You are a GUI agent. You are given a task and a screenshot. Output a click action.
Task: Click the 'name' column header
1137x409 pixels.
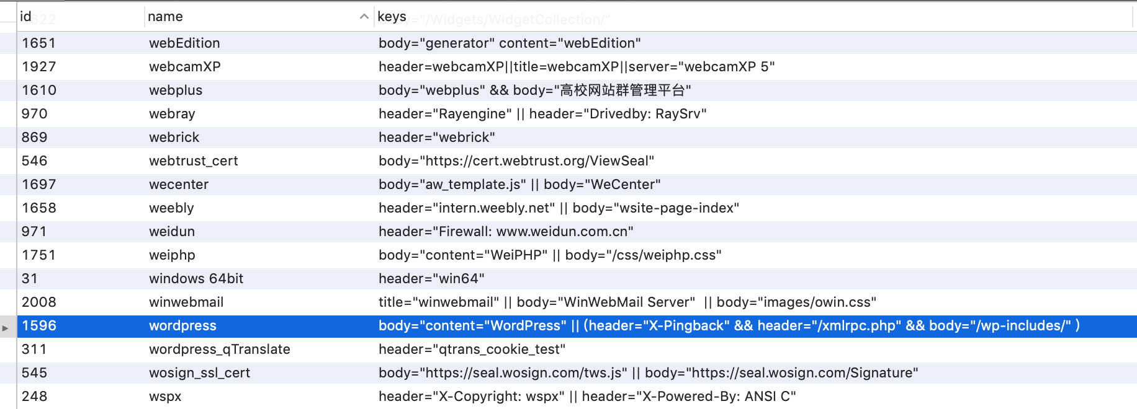point(165,17)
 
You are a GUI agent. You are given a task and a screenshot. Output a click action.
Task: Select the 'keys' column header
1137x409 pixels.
point(392,17)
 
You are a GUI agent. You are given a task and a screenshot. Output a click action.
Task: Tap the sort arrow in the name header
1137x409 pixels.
point(364,17)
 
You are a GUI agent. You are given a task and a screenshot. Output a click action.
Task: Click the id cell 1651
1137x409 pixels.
point(38,43)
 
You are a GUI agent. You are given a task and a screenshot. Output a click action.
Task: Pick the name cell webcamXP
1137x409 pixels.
point(185,66)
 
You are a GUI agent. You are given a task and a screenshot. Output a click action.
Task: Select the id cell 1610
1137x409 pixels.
point(39,90)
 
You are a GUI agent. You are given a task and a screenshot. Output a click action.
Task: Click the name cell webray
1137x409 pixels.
point(172,113)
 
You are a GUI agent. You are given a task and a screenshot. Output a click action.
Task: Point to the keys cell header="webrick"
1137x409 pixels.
point(437,137)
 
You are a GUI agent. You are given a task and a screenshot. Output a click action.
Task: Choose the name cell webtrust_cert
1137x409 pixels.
point(194,161)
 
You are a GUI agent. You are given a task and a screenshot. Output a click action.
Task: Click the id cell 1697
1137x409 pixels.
point(38,184)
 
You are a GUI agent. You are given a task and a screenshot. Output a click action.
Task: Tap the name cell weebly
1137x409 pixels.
point(171,208)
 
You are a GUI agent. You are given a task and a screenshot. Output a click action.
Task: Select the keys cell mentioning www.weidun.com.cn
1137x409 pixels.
point(506,231)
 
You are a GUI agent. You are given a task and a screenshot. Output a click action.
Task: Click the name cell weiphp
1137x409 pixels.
point(172,255)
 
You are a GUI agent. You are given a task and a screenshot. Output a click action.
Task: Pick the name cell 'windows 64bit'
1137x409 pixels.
point(196,278)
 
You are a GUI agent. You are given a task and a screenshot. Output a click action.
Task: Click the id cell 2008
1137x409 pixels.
point(38,302)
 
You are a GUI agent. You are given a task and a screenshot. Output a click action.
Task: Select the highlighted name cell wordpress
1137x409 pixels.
point(182,325)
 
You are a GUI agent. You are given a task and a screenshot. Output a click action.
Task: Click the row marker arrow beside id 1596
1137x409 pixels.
point(6,328)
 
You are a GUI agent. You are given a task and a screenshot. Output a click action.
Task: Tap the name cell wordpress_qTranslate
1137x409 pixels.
point(220,349)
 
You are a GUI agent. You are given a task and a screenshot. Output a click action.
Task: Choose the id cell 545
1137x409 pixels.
point(34,372)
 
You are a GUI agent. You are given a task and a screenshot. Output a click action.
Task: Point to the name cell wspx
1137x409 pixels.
point(165,396)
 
